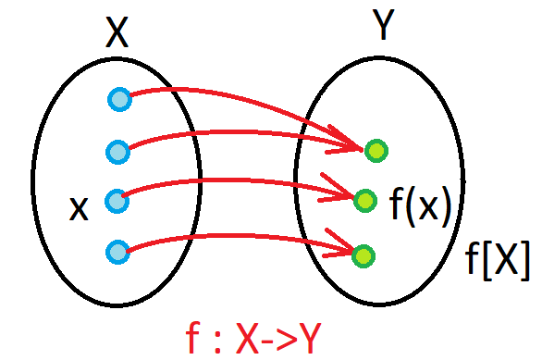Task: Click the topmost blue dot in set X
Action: click(x=119, y=100)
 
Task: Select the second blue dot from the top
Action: click(x=117, y=152)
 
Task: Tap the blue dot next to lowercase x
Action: click(x=117, y=201)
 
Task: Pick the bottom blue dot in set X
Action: click(x=117, y=252)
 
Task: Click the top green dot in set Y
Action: click(x=376, y=151)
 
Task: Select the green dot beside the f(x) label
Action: click(x=365, y=201)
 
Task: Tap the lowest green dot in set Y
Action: click(x=363, y=256)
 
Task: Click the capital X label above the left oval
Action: click(x=117, y=31)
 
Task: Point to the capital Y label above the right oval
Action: click(x=383, y=24)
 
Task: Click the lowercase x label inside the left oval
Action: click(x=80, y=208)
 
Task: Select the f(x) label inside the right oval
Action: click(x=420, y=206)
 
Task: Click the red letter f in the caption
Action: click(x=193, y=337)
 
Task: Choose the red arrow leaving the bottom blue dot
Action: click(x=239, y=236)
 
